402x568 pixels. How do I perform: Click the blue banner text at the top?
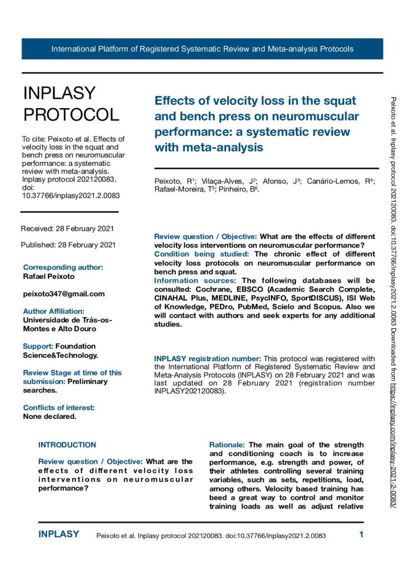coord(202,49)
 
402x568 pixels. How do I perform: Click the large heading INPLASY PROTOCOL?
coord(71,104)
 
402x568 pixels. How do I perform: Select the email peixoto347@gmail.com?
coord(64,293)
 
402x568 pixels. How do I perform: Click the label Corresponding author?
coord(63,267)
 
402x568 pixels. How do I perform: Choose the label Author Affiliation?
coord(53,311)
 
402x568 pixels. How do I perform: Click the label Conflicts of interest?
coord(59,408)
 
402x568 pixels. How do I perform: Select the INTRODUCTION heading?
coord(67,445)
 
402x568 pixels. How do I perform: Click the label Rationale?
coord(227,445)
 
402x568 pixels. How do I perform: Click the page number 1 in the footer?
coord(361,535)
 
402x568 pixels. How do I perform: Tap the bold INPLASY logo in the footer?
coord(59,535)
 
